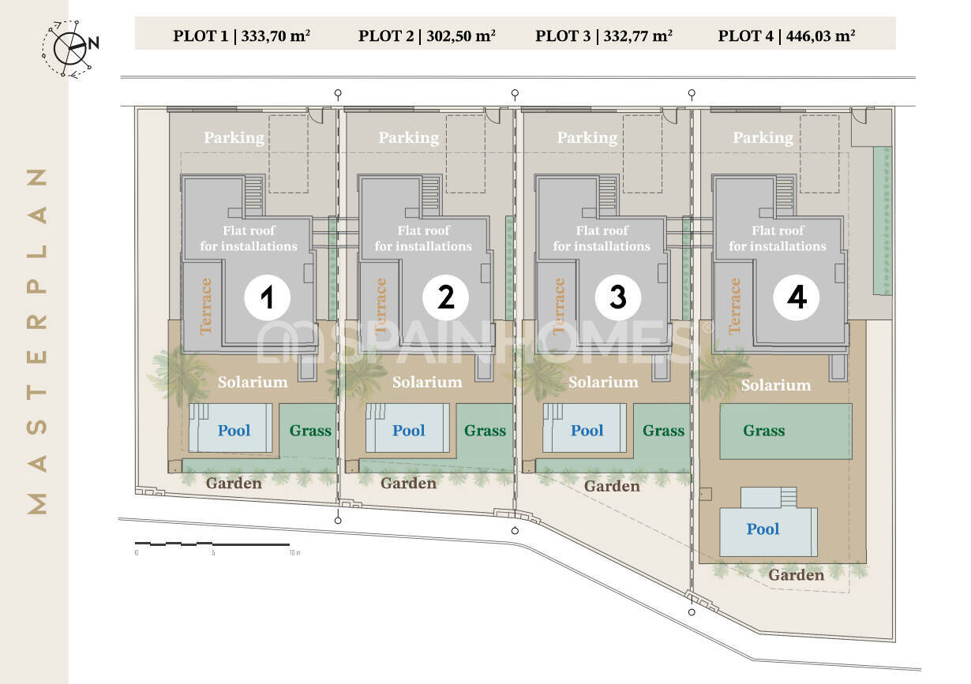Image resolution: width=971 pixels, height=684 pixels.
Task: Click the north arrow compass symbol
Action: pos(70,48)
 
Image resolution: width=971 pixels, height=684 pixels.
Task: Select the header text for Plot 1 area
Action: pos(242,36)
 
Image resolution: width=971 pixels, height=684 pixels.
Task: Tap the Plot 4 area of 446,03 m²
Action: pos(786,36)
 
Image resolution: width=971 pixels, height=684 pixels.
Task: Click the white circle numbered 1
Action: pos(267,297)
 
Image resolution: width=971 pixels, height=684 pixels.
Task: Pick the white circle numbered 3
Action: pos(617,297)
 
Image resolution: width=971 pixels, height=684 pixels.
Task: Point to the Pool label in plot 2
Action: pos(408,430)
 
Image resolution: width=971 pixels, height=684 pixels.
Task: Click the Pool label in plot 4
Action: pos(763,529)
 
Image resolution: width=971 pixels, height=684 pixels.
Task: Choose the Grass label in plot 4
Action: pos(764,430)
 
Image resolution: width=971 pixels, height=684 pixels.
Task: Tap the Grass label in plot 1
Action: pos(310,430)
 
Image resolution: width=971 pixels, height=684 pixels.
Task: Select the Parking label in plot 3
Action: pos(587,137)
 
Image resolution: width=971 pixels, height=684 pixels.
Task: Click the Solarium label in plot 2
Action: pos(427,382)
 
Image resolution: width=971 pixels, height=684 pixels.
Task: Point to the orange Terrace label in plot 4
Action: pos(734,306)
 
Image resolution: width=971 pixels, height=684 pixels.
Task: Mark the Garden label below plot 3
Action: pos(612,486)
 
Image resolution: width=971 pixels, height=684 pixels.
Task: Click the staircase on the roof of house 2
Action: pos(430,196)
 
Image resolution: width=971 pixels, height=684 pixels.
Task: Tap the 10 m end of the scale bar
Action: pos(289,544)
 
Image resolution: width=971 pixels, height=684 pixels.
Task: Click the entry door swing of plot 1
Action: pos(316,115)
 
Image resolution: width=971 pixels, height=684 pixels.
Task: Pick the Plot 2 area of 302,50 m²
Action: pos(426,36)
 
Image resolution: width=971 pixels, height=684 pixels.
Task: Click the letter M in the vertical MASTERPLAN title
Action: pos(37,503)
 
